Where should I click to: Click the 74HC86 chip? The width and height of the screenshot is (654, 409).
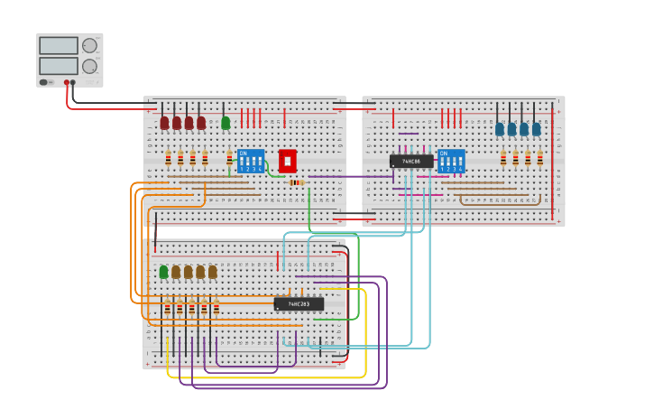click(x=411, y=162)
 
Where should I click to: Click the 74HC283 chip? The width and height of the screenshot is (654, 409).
click(x=299, y=304)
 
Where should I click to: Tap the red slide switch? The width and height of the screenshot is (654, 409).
click(x=287, y=161)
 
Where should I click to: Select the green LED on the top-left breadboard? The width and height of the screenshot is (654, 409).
click(x=226, y=123)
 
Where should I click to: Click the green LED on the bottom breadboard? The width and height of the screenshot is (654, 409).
click(x=163, y=272)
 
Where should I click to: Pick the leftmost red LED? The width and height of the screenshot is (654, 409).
click(x=164, y=123)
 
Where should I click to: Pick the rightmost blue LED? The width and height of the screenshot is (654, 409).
click(x=536, y=129)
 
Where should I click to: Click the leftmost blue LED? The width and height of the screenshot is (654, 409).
click(x=500, y=129)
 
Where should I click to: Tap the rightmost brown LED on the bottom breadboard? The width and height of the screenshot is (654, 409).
click(x=212, y=272)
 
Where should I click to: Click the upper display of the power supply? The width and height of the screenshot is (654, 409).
click(x=58, y=45)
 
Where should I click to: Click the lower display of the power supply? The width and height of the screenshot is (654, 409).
click(x=58, y=66)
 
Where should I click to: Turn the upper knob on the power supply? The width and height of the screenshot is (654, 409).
click(x=89, y=45)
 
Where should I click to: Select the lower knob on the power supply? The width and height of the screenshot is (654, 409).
click(x=89, y=66)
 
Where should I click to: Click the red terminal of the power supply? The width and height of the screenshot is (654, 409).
click(x=66, y=82)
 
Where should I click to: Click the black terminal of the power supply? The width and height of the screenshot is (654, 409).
click(x=73, y=82)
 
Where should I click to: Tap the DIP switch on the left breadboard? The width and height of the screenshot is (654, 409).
click(x=251, y=162)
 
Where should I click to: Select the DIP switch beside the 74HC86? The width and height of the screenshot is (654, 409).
click(x=451, y=162)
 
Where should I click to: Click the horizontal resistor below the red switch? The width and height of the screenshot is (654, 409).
click(x=296, y=182)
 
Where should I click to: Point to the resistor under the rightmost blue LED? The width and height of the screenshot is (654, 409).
click(x=539, y=159)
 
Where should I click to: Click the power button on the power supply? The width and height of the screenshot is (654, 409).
click(x=43, y=82)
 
